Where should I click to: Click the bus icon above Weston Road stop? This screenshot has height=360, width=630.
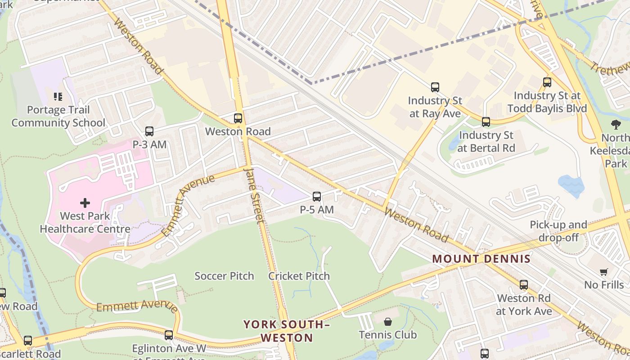pyautogui.click(x=238, y=118)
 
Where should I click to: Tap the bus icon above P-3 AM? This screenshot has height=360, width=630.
pyautogui.click(x=149, y=131)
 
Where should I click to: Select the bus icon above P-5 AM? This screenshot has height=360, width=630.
pyautogui.click(x=317, y=197)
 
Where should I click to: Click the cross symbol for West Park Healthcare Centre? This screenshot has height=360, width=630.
pyautogui.click(x=85, y=203)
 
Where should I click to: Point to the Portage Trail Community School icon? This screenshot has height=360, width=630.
pyautogui.click(x=58, y=97)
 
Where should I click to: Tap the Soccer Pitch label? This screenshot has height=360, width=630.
pyautogui.click(x=224, y=276)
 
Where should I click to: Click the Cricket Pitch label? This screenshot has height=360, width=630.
pyautogui.click(x=299, y=276)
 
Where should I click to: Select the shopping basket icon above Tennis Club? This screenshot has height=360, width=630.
pyautogui.click(x=387, y=322)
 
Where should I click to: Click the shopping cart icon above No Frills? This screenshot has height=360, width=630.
pyautogui.click(x=603, y=272)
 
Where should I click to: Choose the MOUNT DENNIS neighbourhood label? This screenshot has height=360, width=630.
pyautogui.click(x=481, y=259)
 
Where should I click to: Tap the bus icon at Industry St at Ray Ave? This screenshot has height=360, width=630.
pyautogui.click(x=435, y=87)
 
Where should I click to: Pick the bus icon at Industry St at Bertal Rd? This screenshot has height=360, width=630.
pyautogui.click(x=486, y=122)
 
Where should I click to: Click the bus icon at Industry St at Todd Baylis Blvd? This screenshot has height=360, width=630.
pyautogui.click(x=547, y=82)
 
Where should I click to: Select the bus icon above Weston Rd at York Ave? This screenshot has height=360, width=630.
pyautogui.click(x=523, y=285)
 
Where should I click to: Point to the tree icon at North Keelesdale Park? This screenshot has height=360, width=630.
pyautogui.click(x=616, y=125)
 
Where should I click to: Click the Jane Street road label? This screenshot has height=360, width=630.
pyautogui.click(x=253, y=195)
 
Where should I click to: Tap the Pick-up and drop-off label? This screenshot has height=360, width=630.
pyautogui.click(x=558, y=231)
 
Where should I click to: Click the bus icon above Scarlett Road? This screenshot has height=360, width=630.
pyautogui.click(x=28, y=341)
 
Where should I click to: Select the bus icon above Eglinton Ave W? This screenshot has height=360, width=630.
pyautogui.click(x=168, y=335)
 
